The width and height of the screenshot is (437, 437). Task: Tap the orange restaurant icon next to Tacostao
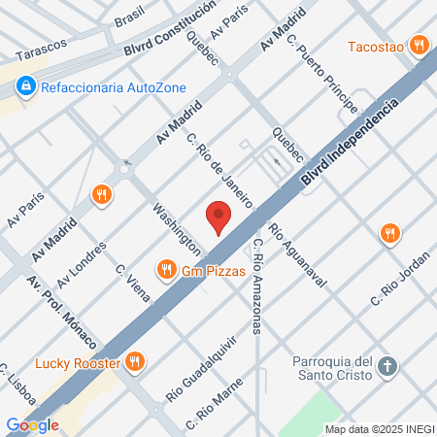tap(420, 44)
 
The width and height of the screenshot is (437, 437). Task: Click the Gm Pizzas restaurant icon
tap(167, 270)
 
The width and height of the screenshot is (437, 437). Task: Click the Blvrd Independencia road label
tap(350, 139)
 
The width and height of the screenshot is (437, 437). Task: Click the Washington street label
tap(177, 229)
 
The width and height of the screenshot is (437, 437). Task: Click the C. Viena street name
tap(133, 283)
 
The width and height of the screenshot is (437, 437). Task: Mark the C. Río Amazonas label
tap(257, 287)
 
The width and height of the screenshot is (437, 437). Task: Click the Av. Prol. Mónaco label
tap(61, 313)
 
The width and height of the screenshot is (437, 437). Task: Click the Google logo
tap(32, 424)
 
